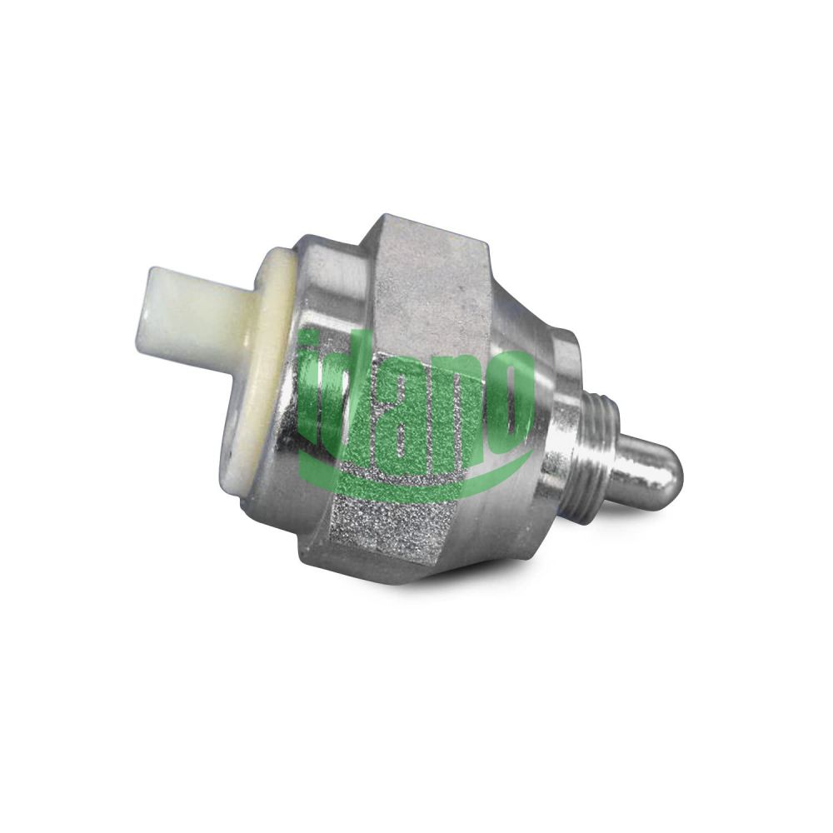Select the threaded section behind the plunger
pos(601,456)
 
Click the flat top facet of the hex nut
pos(431,277)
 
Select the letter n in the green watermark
pos(456,409)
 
